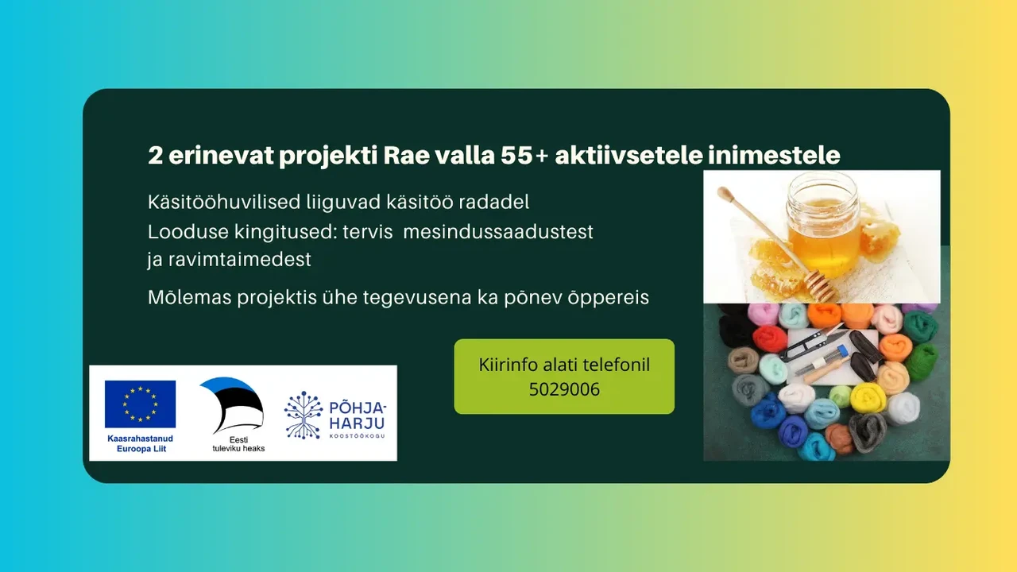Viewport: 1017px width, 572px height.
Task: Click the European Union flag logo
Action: pyautogui.click(x=141, y=404)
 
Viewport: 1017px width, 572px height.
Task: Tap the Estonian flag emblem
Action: pyautogui.click(x=231, y=405)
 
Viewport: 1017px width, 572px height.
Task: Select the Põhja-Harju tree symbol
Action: pyautogui.click(x=304, y=415)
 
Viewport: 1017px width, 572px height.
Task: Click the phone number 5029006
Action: pyautogui.click(x=564, y=389)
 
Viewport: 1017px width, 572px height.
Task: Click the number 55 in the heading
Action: pyautogui.click(x=516, y=156)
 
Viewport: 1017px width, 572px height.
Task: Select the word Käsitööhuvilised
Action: pyautogui.click(x=224, y=202)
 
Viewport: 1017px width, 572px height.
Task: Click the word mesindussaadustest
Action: pyautogui.click(x=498, y=231)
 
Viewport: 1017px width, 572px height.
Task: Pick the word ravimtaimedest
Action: pyautogui.click(x=240, y=260)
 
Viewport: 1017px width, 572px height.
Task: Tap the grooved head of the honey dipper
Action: pyautogui.click(x=821, y=284)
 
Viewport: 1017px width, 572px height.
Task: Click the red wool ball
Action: pyautogui.click(x=770, y=339)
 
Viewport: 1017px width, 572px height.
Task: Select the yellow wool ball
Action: pyautogui.click(x=868, y=398)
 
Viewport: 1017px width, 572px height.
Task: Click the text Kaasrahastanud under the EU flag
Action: pyautogui.click(x=141, y=439)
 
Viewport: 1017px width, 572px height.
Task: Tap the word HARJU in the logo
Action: pyautogui.click(x=357, y=423)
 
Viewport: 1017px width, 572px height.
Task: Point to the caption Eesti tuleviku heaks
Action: pyautogui.click(x=238, y=444)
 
